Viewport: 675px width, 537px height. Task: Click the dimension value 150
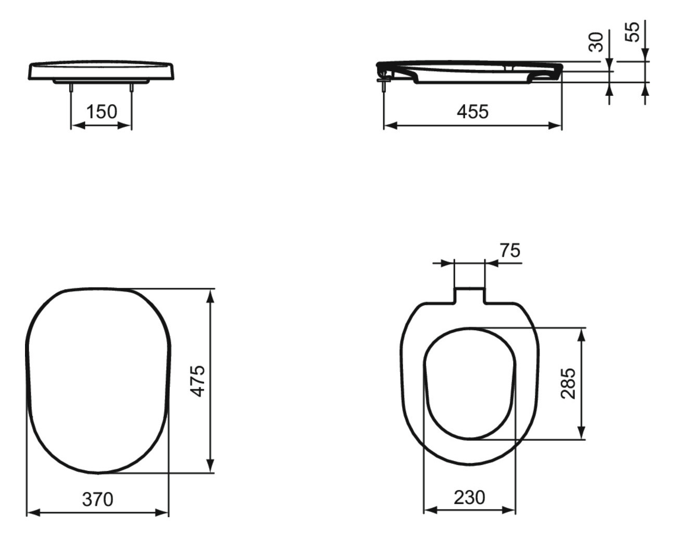point(102,111)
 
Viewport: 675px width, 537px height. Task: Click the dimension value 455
point(472,111)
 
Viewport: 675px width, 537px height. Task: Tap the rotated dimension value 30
point(596,42)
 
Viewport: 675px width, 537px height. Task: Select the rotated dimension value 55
point(632,32)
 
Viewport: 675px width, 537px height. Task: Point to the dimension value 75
point(509,251)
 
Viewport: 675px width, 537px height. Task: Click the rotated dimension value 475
point(198,381)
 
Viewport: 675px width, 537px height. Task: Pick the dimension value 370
point(97,499)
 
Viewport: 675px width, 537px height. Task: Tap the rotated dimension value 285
point(569,383)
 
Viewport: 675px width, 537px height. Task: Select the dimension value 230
point(469,497)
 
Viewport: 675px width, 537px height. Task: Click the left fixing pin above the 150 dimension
point(71,88)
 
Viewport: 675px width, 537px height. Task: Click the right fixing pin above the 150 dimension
point(131,88)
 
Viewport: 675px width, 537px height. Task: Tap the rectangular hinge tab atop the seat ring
point(469,294)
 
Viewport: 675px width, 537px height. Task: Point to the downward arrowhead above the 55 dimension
point(645,55)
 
